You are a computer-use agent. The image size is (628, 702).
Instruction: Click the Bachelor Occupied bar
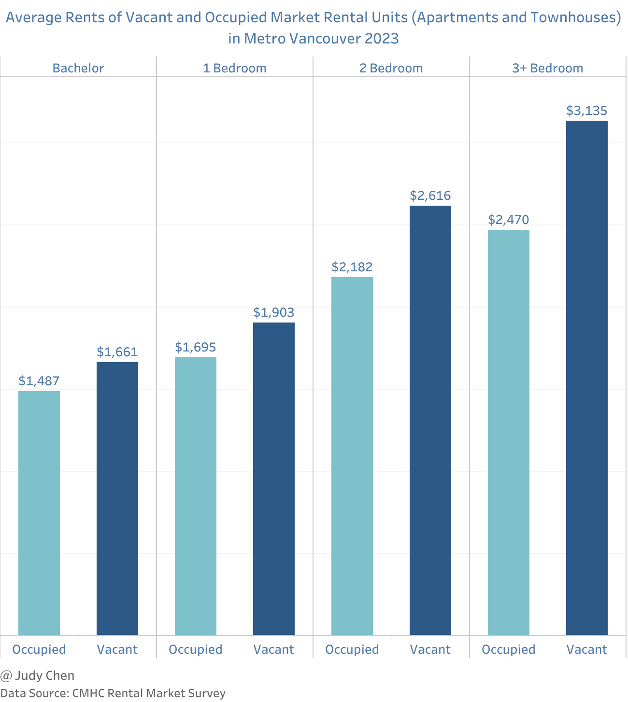pos(39,513)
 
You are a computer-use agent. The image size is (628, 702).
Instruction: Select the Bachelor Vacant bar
pos(117,498)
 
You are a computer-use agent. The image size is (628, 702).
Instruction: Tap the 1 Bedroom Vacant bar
pos(274,478)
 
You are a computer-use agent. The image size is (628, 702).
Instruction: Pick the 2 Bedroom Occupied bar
pos(352,456)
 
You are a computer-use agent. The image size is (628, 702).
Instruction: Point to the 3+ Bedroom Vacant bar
pos(587,378)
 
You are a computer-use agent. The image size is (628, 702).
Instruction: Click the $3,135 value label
pos(587,111)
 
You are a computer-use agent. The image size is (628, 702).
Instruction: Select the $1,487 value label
pos(39,381)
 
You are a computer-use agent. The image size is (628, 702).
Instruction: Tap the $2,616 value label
pos(430,196)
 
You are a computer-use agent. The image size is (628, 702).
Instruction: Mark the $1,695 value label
pos(196,348)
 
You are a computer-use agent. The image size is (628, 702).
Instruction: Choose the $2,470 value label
pos(509,220)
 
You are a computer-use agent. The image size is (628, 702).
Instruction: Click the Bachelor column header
pos(78,68)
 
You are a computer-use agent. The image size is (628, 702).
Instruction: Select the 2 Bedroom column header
pos(391,68)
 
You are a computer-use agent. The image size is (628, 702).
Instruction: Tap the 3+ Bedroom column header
pos(548,68)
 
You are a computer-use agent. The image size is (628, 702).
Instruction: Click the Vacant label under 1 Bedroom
pos(274,649)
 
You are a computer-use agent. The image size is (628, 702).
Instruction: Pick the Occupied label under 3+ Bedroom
pos(509,649)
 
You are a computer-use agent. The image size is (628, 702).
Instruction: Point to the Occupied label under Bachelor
pos(39,649)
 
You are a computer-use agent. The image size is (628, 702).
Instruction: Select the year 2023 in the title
pos(382,39)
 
